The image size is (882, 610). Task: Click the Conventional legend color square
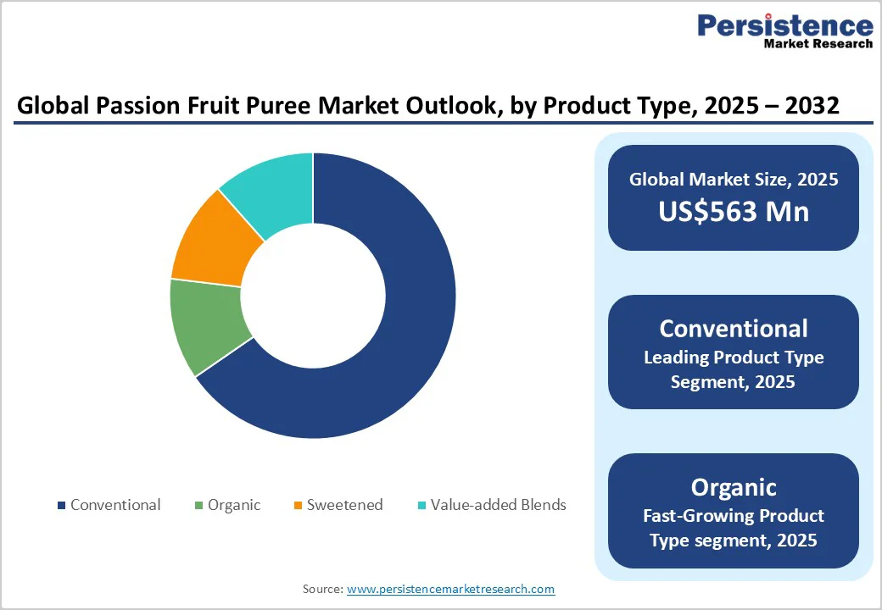click(x=61, y=506)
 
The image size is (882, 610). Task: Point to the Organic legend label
click(x=235, y=505)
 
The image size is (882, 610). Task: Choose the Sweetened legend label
click(x=344, y=505)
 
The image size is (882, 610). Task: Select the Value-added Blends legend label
click(x=498, y=505)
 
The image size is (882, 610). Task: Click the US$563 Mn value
click(x=734, y=211)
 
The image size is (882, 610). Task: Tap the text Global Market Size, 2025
click(x=734, y=179)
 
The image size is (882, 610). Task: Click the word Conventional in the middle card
click(x=734, y=328)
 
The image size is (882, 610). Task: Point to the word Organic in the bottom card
click(x=734, y=487)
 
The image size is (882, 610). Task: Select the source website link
click(x=450, y=589)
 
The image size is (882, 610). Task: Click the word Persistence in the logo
click(x=784, y=25)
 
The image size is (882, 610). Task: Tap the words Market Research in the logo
click(x=818, y=44)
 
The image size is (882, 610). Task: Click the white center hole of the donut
click(x=313, y=296)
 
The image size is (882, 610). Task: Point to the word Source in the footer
click(x=322, y=589)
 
